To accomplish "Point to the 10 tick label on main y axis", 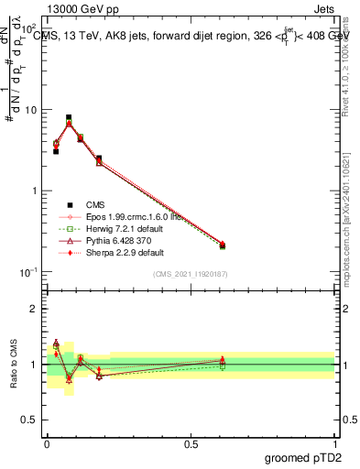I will [32, 110].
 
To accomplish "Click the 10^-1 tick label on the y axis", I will [28, 272].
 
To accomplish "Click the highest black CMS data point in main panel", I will [69, 117].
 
